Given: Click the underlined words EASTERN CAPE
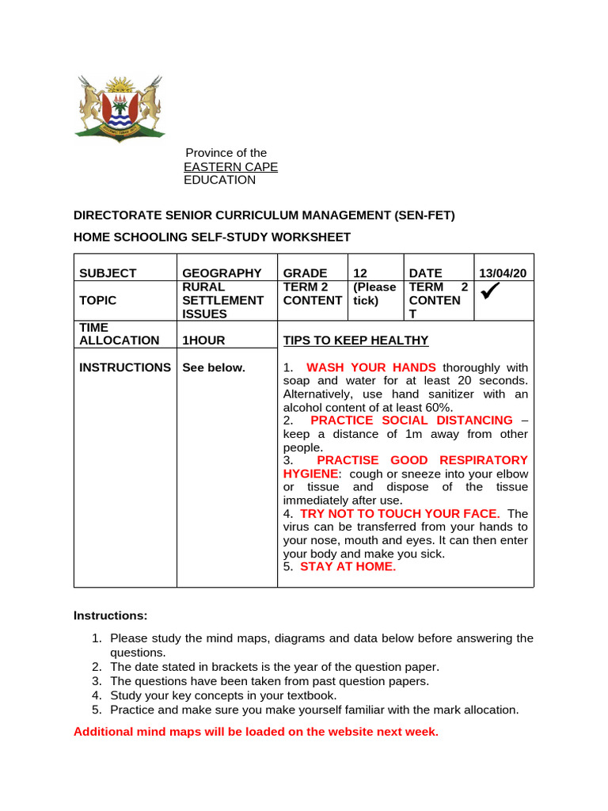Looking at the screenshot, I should (230, 166).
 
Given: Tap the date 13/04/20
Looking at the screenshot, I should (503, 273).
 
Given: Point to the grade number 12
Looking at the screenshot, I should (360, 273).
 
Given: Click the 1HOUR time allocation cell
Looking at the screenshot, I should (203, 341).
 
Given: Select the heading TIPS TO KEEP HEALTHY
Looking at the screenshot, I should (355, 341).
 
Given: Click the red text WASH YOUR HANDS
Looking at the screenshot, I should (370, 367).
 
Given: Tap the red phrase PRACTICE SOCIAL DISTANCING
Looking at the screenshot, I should (412, 421).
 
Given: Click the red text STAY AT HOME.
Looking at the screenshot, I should (347, 567).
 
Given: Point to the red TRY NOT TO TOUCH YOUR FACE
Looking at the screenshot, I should (400, 514).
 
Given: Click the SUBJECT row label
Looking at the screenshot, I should (108, 273).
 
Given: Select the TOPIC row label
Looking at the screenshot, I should (97, 300).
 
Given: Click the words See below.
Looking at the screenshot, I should (214, 367).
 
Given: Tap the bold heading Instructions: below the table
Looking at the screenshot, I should (110, 615).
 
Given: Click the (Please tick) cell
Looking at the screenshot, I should (374, 294).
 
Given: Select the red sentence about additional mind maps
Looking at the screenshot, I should (256, 732).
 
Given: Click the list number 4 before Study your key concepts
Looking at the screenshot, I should (96, 695).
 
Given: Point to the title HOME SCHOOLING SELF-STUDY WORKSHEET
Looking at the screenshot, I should (211, 237).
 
